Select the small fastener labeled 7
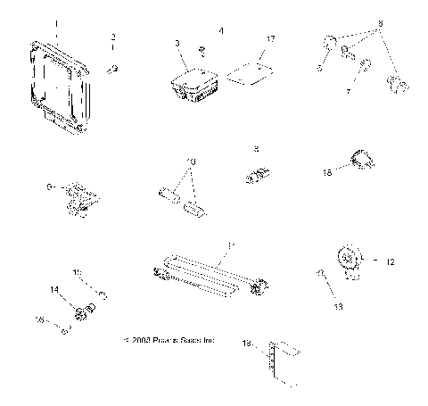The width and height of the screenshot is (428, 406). click(x=366, y=65)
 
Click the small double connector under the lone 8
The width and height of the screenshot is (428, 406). click(x=256, y=176)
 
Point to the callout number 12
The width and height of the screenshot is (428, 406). click(x=388, y=261)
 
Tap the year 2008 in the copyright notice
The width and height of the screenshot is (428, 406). click(x=146, y=341)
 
